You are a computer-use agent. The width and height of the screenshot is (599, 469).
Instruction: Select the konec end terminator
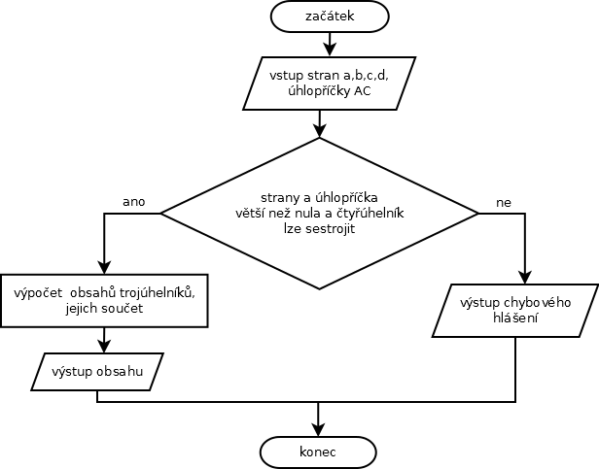[x=317, y=452]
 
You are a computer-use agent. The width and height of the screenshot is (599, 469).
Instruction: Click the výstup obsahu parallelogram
[x=97, y=372]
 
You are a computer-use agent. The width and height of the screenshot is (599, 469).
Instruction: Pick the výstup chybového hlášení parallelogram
[x=514, y=311]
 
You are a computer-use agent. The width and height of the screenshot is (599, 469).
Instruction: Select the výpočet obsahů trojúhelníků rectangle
[x=105, y=300]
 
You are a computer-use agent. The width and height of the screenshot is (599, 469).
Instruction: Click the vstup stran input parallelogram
[x=329, y=84]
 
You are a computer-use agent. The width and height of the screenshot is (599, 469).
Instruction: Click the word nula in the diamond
[x=341, y=212]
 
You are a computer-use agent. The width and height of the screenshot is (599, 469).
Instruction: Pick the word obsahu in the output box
[x=122, y=372]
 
